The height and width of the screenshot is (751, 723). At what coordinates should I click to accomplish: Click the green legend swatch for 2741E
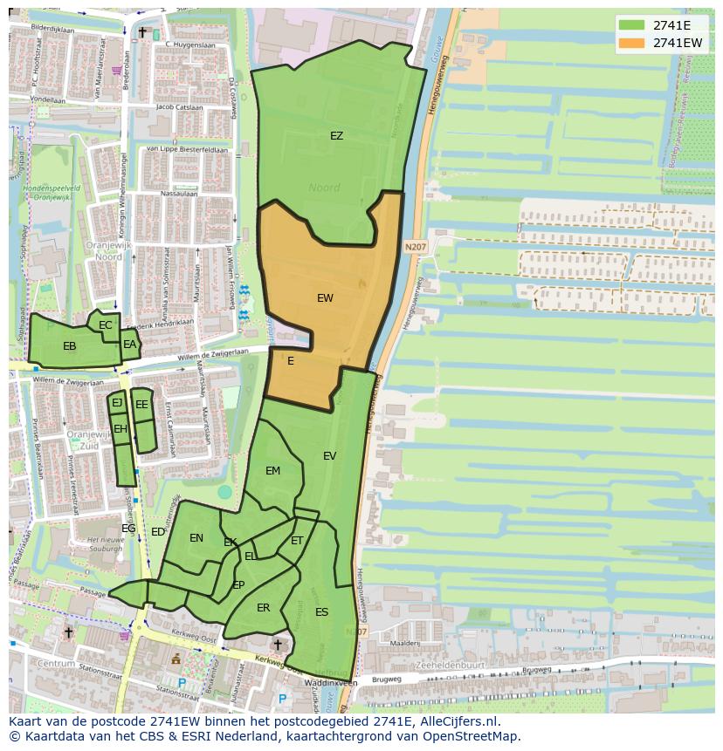click(631, 24)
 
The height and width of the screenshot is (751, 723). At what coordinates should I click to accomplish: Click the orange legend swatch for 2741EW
click(631, 42)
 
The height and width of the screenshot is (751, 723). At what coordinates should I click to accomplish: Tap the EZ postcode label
click(336, 136)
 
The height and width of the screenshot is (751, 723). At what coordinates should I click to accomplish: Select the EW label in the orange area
click(325, 298)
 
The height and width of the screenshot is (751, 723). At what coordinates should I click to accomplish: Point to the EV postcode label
click(329, 456)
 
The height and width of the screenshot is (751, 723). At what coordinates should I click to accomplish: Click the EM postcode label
click(273, 471)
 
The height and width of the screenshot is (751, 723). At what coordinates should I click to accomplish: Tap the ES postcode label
click(321, 612)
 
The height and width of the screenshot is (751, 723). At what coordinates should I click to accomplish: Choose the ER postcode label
click(263, 608)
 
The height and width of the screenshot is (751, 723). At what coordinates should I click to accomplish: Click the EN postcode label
click(196, 538)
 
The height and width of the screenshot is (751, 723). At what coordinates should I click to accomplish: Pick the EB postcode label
click(70, 346)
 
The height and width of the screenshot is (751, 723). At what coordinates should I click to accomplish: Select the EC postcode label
click(106, 325)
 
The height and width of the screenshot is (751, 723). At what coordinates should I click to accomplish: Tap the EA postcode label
click(129, 345)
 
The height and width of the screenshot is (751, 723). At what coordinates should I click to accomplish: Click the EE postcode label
click(141, 405)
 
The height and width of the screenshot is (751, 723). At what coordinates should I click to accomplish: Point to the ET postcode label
click(297, 542)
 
